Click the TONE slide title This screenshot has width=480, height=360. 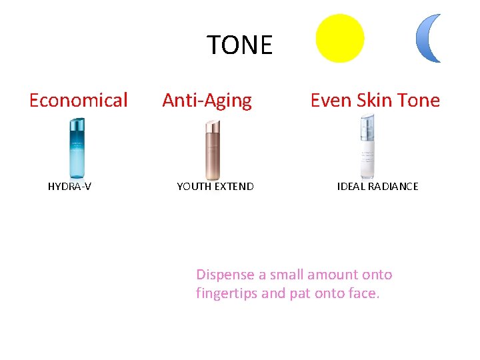pyautogui.click(x=239, y=45)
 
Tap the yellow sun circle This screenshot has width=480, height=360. pyautogui.click(x=340, y=38)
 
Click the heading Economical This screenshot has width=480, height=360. pyautogui.click(x=79, y=101)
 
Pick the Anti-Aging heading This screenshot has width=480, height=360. pyautogui.click(x=207, y=101)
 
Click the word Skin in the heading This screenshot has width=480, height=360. pyautogui.click(x=374, y=101)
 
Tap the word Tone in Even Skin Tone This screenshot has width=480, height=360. pyautogui.click(x=419, y=101)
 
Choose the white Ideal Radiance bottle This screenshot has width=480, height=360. pyautogui.click(x=367, y=147)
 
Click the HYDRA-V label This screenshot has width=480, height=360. pyautogui.click(x=69, y=187)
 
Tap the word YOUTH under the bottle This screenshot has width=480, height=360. pyautogui.click(x=192, y=187)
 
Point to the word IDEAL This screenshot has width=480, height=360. pyautogui.click(x=350, y=187)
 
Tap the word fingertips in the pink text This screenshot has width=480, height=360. pyautogui.click(x=227, y=293)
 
